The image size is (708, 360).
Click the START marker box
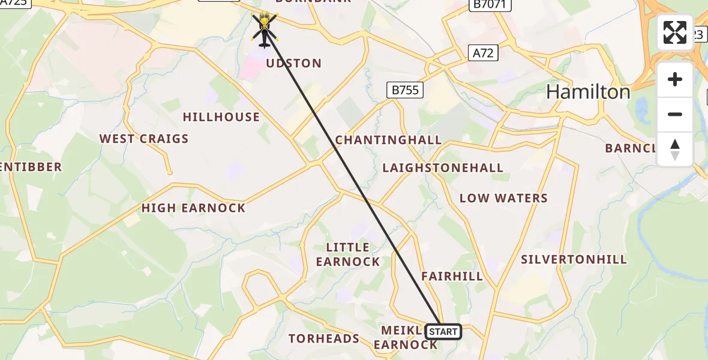pyautogui.click(x=443, y=332)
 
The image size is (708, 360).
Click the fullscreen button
pyautogui.click(x=675, y=32)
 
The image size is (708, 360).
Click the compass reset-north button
pyautogui.click(x=675, y=149)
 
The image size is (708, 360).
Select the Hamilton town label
pyautogui.click(x=588, y=92)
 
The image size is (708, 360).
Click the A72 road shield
pyautogui.click(x=483, y=53)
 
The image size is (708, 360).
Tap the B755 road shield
pyautogui.click(x=404, y=91)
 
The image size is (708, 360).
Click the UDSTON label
pyautogui.click(x=293, y=64)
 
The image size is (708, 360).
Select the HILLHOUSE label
pyautogui.click(x=221, y=117)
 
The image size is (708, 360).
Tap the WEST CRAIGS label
pyautogui.click(x=144, y=139)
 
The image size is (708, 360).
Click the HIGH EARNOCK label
pyautogui.click(x=193, y=208)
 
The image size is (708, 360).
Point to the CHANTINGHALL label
pyautogui.click(x=388, y=140)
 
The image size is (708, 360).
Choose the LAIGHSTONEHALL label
pyautogui.click(x=443, y=168)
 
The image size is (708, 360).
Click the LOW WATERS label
pyautogui.click(x=503, y=199)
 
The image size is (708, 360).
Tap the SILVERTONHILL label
pyautogui.click(x=574, y=260)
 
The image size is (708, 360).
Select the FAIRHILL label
pyautogui.click(x=452, y=277)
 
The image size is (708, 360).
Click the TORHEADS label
pyautogui.click(x=324, y=339)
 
